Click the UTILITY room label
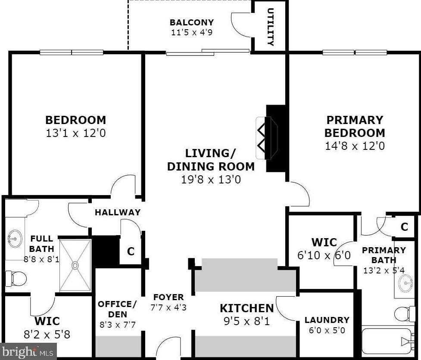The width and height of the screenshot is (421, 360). (271, 27)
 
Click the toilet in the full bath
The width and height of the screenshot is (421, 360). (15, 279)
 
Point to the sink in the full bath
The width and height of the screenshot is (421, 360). (16, 238)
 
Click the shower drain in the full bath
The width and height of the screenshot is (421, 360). (75, 265)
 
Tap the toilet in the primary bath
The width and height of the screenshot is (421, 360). (404, 314)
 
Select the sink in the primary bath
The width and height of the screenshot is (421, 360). (405, 283)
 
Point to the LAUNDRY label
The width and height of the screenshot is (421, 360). (327, 320)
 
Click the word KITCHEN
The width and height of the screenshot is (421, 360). (246, 308)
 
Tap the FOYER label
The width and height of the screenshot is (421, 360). (168, 297)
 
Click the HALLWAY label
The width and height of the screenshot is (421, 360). (117, 212)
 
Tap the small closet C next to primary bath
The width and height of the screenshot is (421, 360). (404, 227)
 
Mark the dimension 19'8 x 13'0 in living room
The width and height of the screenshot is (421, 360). (211, 179)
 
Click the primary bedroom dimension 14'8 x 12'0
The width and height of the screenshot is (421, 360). (355, 146)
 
